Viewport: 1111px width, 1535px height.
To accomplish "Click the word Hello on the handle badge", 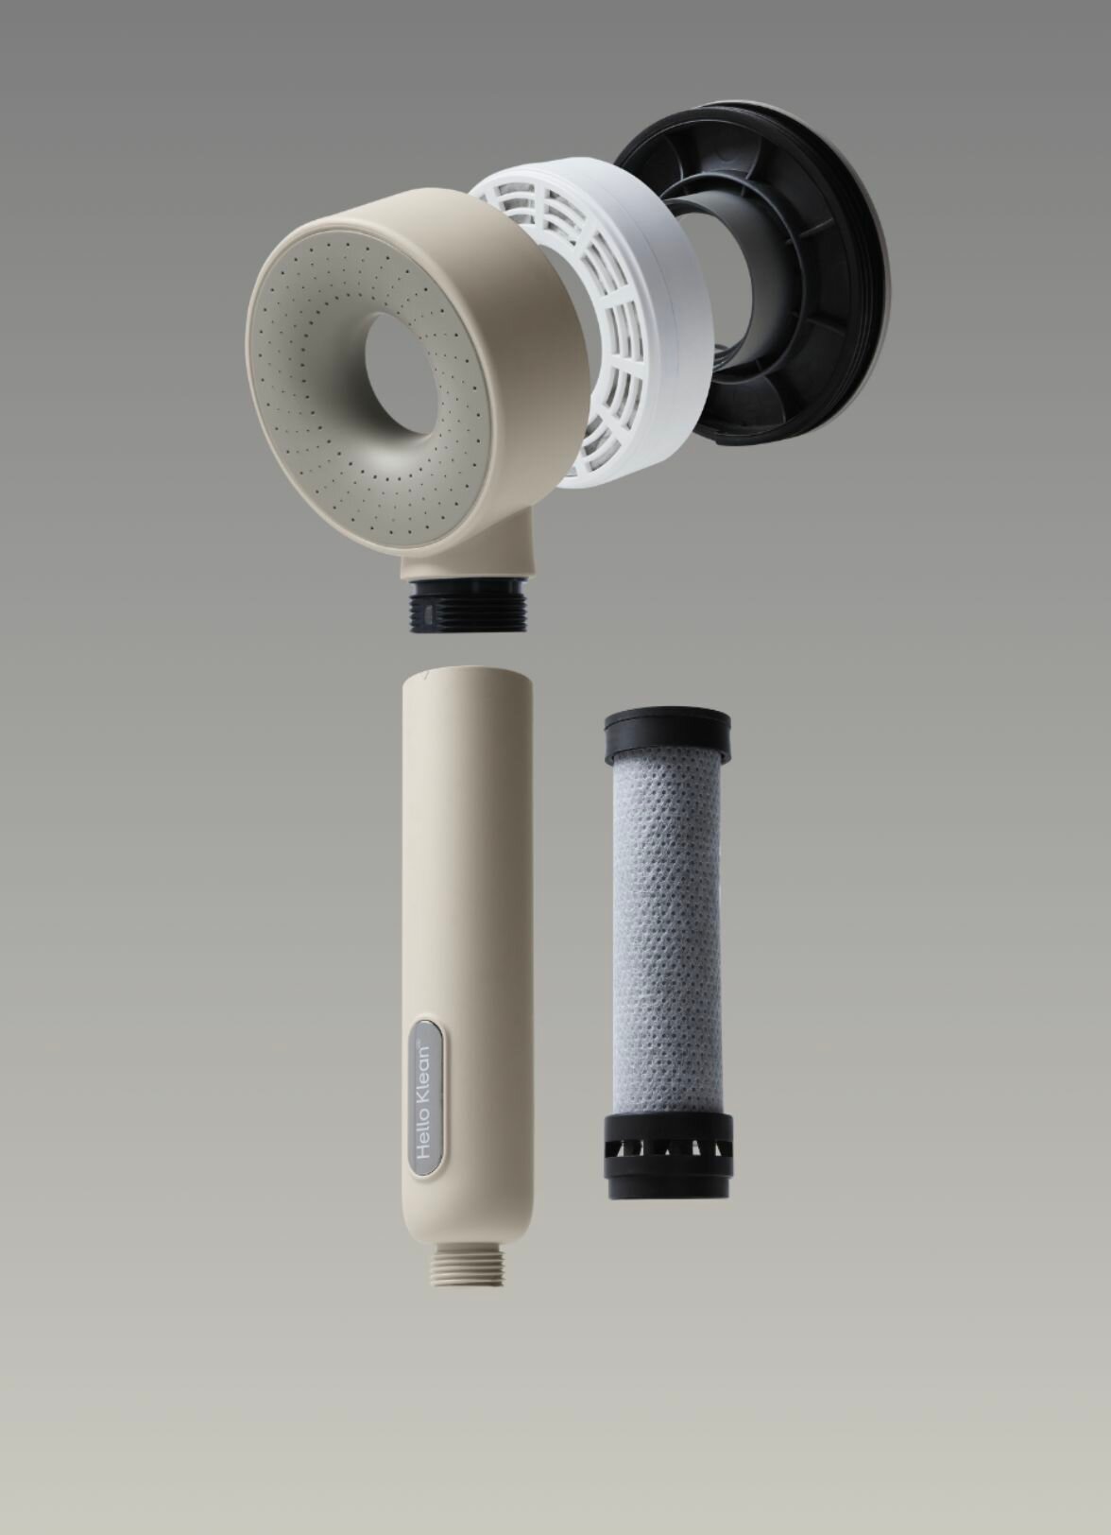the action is click(425, 1134).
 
